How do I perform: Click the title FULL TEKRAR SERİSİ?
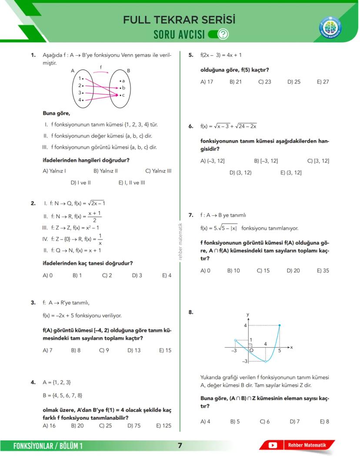(x=179, y=20)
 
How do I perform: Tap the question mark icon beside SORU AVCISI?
(x=223, y=34)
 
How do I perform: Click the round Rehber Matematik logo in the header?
(x=330, y=28)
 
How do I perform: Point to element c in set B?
(x=123, y=95)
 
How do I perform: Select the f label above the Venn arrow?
(x=101, y=67)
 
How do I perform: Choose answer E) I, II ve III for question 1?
(x=132, y=183)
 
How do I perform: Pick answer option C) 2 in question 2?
(x=107, y=275)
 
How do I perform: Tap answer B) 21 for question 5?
(x=236, y=82)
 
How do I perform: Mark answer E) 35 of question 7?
(x=323, y=271)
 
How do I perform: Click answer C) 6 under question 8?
(x=265, y=422)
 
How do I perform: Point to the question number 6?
(x=191, y=127)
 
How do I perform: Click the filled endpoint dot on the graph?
(x=279, y=325)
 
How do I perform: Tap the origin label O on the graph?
(x=251, y=350)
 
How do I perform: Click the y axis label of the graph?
(x=247, y=314)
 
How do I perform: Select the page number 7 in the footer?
(x=180, y=445)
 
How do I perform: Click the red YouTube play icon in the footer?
(x=273, y=445)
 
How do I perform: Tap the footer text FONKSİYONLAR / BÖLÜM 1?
(x=48, y=446)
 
